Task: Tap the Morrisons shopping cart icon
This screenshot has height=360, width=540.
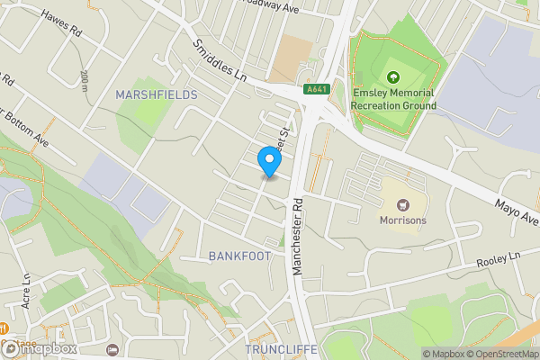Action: (x=402, y=204)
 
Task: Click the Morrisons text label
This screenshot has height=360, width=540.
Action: (x=402, y=220)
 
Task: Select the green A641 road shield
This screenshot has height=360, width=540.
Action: (x=316, y=89)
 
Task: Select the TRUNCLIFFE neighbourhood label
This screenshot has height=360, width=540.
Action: (x=282, y=348)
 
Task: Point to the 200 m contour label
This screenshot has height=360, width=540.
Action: (x=84, y=81)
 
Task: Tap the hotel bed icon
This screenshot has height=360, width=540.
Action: (x=112, y=349)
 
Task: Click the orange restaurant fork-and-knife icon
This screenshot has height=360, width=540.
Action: (x=4, y=328)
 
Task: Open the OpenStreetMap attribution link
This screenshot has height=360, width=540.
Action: (x=499, y=354)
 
